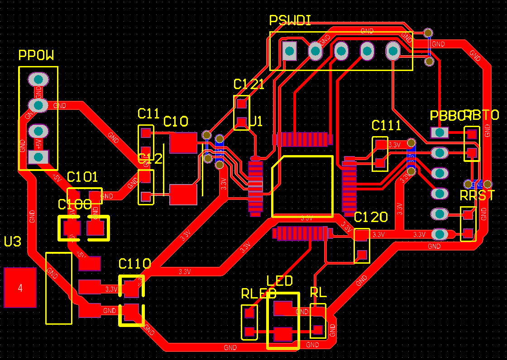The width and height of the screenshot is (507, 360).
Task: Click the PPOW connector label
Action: (36, 56)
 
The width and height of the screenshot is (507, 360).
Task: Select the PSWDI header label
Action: (290, 20)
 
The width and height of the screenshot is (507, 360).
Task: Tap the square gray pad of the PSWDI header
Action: (289, 51)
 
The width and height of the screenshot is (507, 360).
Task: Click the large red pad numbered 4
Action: (20, 288)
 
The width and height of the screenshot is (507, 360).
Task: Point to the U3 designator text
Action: (13, 242)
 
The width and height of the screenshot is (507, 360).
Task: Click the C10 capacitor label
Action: (176, 121)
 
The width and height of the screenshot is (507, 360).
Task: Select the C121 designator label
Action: (249, 85)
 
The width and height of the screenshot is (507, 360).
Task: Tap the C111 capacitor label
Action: (386, 125)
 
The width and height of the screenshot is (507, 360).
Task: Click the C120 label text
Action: (371, 218)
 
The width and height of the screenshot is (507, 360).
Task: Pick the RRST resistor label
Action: (477, 196)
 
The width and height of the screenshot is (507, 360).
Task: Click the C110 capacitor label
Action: (134, 264)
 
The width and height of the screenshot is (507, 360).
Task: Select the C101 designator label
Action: (82, 177)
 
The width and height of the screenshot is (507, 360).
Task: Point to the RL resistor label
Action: (318, 293)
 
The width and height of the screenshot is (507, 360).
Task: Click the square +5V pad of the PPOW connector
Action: (38, 157)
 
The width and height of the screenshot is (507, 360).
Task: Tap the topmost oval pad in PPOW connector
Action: (38, 80)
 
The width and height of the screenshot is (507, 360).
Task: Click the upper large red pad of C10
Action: (183, 142)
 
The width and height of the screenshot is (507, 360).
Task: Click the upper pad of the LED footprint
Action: (283, 308)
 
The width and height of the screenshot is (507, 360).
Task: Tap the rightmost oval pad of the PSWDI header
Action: (393, 51)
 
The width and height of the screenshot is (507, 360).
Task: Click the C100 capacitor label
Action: (75, 204)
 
